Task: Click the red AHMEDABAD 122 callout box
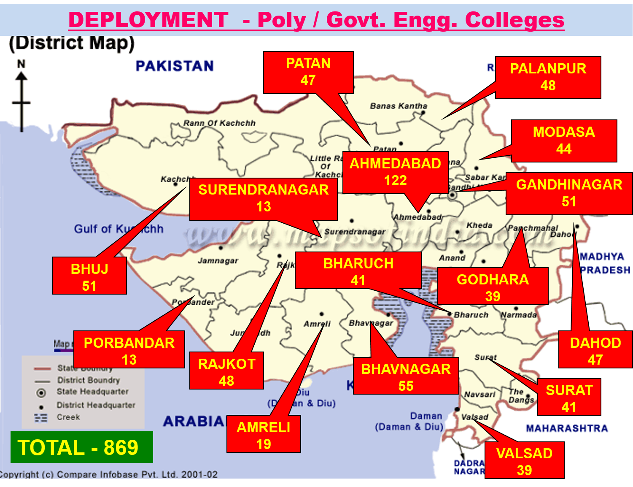[x=395, y=172]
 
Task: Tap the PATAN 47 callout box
[x=308, y=72]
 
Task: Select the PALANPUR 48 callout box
[x=548, y=78]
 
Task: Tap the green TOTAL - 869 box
[x=81, y=447]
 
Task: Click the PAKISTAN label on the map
[x=175, y=66]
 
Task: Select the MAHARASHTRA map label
[x=567, y=428]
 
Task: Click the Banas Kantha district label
[x=399, y=106]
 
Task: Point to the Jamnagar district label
[x=218, y=261]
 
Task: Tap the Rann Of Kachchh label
[x=219, y=123]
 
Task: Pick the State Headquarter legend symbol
[x=41, y=393]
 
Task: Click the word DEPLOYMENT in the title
[x=148, y=20]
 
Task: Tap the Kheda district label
[x=479, y=225]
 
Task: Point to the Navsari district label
[x=480, y=395]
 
